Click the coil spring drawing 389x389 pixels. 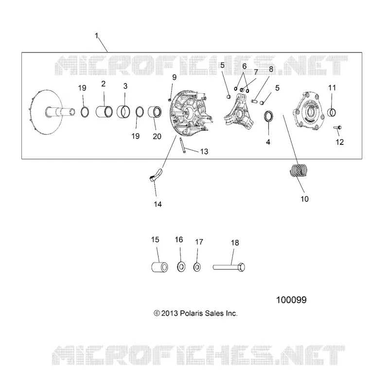tap(299, 171)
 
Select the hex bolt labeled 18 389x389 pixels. tap(229, 267)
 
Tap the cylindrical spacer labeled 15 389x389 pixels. tap(159, 266)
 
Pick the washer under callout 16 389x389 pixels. tap(181, 267)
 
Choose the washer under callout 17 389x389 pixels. tap(197, 267)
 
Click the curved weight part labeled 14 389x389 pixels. tap(156, 175)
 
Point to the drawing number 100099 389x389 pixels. tap(291, 300)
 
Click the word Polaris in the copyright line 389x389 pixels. tap(192, 313)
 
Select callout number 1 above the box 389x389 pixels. tap(97, 35)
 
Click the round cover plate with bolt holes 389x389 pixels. tap(308, 111)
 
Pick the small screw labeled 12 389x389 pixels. tap(337, 127)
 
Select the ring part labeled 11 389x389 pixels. tap(332, 112)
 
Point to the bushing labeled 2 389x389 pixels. tap(104, 111)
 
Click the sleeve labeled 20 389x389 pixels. tap(155, 112)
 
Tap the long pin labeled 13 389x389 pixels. tap(182, 146)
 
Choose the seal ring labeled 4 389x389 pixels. tap(268, 117)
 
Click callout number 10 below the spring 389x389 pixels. tap(304, 199)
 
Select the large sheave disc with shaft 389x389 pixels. tap(52, 112)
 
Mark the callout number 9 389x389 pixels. tap(175, 77)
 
